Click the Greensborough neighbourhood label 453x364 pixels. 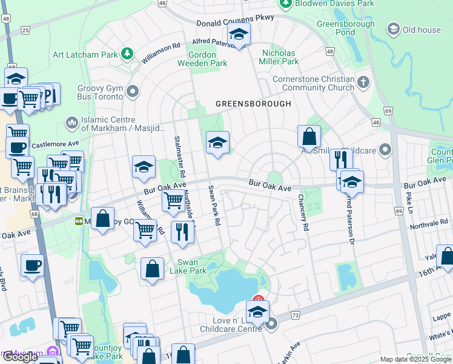tap(253, 104)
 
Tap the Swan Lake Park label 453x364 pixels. tap(192, 267)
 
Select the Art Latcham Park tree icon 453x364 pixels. tap(127, 55)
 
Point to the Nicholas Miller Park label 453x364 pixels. tap(279, 57)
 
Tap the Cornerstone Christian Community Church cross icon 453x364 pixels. tap(363, 83)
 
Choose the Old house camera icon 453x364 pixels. tap(394, 29)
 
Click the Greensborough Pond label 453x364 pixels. tap(338, 28)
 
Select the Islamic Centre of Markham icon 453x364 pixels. tap(72, 123)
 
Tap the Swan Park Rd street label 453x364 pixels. tap(213, 205)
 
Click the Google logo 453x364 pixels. tap(20, 357)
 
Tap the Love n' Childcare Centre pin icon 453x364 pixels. tap(271, 324)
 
